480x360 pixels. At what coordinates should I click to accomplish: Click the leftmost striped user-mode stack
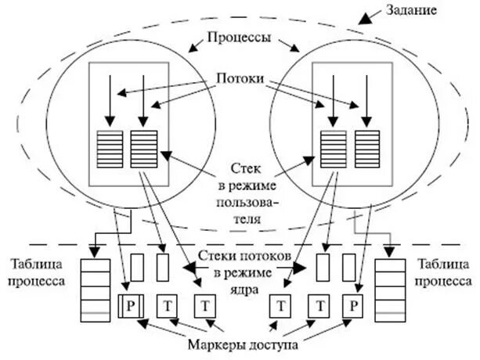tap(110, 146)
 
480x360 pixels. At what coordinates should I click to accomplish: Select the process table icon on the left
tap(95, 287)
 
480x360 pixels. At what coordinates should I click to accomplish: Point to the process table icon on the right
tap(390, 287)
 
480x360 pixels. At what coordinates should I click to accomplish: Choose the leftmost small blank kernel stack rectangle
tap(135, 268)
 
